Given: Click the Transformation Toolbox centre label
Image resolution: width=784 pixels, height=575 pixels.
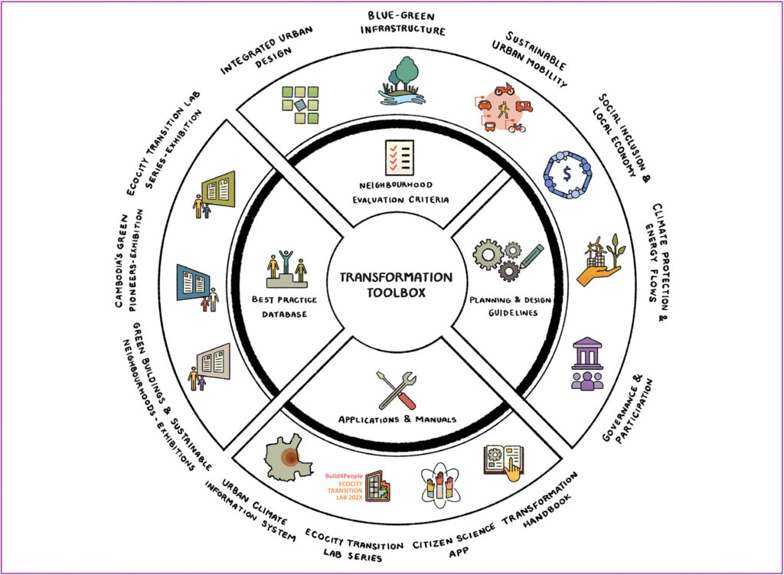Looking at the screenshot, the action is coord(396,285).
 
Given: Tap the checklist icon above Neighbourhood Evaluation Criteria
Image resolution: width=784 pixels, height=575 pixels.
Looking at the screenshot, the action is coord(399,158).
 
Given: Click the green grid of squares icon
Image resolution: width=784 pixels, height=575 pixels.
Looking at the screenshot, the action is coord(300,105).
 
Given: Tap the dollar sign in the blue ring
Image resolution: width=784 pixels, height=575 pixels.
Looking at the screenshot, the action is coord(567,174).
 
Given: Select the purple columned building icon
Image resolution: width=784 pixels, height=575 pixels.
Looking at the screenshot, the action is coord(588,364).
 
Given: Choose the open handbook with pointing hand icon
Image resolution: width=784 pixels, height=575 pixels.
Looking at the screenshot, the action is coord(504,463).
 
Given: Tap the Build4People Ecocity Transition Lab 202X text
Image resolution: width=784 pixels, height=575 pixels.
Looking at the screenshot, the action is coord(344,487).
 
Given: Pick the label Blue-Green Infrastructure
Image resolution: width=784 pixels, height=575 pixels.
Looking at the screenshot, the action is coord(403,23).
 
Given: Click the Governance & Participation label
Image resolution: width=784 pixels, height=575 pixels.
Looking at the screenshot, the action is coord(628,410).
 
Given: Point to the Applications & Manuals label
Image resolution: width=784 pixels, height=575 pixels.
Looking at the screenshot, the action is coord(397,420).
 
